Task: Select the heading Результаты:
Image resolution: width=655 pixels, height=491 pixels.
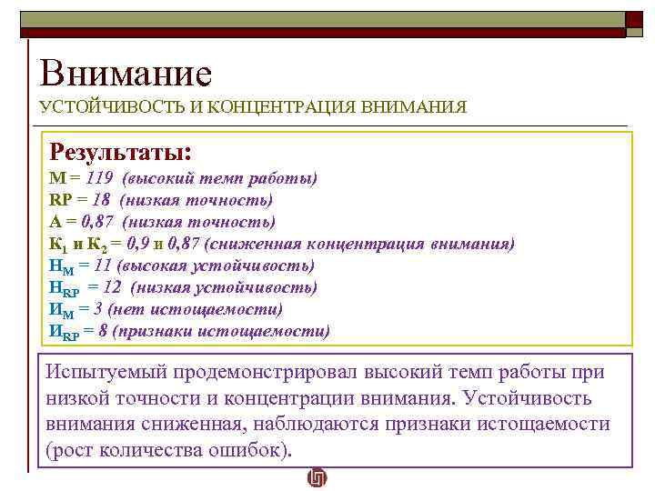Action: (x=120, y=150)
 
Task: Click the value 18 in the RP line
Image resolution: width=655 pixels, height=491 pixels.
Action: (x=101, y=200)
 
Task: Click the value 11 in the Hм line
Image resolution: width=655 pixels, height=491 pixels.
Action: (x=102, y=266)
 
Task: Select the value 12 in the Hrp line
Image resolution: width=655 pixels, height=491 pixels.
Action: (x=111, y=287)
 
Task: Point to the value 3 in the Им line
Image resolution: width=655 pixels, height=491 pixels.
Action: (x=98, y=309)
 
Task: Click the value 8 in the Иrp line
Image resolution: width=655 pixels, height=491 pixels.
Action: (x=104, y=331)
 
